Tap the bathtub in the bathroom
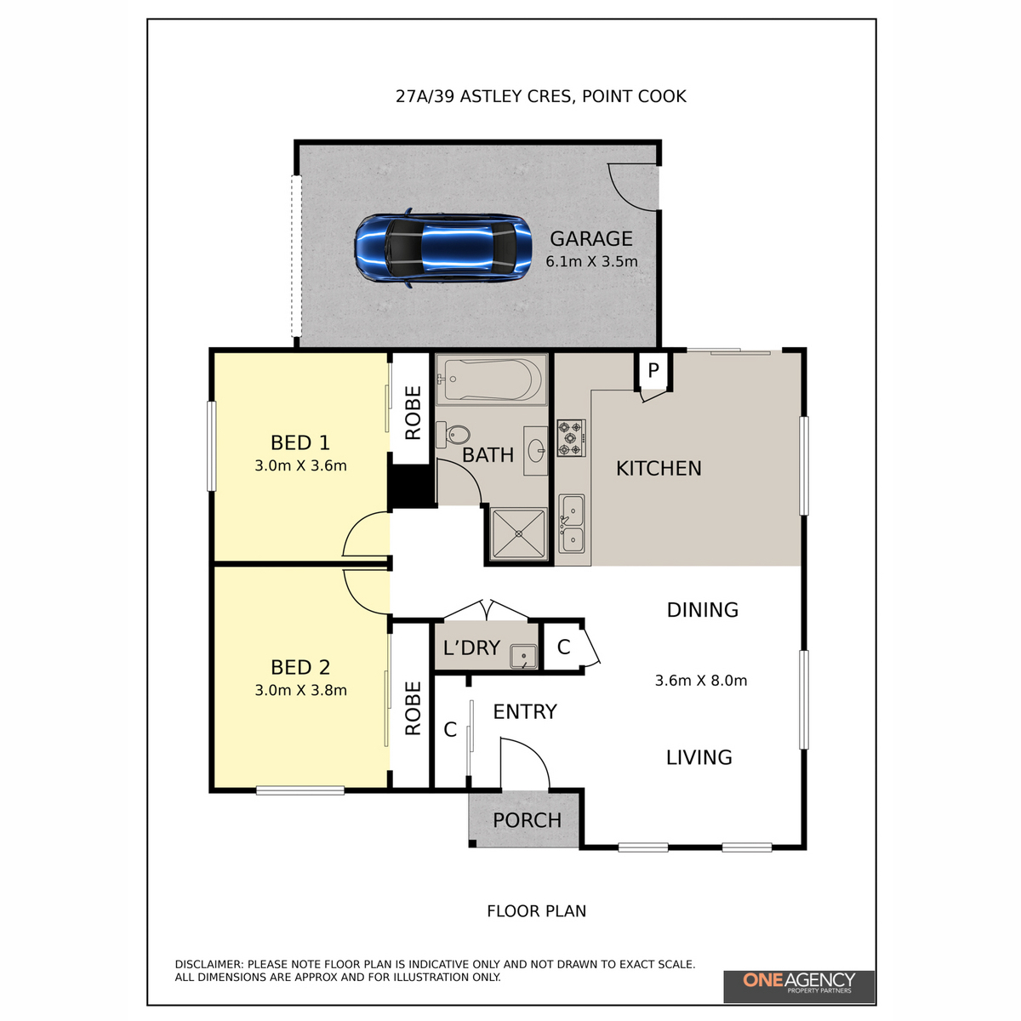491,379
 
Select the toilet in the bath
454,435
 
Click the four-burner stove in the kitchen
572,437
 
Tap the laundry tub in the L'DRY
522,656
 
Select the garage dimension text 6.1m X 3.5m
591,262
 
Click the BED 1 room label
300,442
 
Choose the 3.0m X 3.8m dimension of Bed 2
300,691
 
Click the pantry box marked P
653,370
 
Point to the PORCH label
527,820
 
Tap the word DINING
702,610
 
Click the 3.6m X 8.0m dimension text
701,681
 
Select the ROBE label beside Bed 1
413,413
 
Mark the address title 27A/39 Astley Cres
540,96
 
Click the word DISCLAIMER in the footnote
208,964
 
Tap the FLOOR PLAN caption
536,911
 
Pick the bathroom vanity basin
536,449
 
